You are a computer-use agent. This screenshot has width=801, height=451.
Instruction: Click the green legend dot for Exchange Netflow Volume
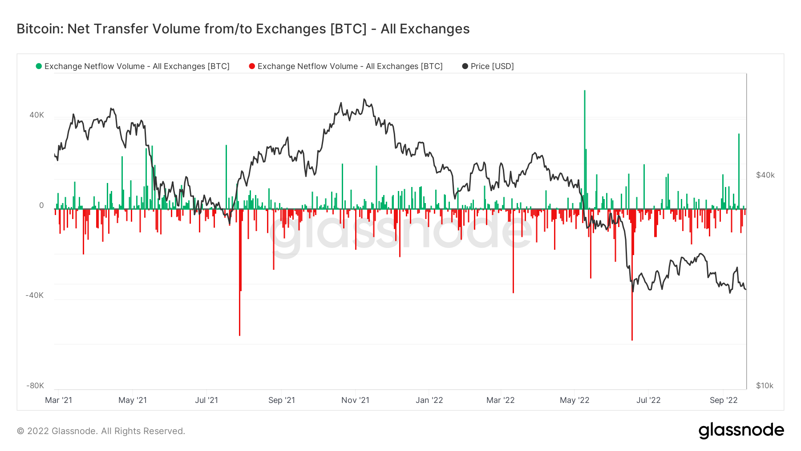[39, 66]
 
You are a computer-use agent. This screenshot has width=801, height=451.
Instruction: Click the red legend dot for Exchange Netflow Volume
[252, 66]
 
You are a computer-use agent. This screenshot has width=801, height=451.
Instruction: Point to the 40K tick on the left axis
[36, 115]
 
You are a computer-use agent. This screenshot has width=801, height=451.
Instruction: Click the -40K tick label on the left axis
[35, 295]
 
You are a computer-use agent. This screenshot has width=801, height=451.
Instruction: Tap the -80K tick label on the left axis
[35, 386]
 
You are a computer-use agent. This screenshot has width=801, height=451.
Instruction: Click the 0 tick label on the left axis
[41, 205]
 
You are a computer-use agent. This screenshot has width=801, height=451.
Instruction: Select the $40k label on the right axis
[765, 175]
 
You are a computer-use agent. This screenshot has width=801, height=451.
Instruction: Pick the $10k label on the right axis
[765, 386]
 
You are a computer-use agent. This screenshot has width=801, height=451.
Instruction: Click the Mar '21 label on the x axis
[58, 400]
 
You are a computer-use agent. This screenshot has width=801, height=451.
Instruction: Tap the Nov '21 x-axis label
[355, 400]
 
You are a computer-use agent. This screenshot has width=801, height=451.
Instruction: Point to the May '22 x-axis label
[574, 400]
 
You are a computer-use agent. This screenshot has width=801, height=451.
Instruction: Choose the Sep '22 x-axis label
[723, 400]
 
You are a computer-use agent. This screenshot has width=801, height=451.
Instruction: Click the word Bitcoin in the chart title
[40, 29]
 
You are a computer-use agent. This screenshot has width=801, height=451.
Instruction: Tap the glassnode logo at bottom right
[741, 430]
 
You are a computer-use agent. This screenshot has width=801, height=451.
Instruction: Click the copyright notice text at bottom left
[101, 431]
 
